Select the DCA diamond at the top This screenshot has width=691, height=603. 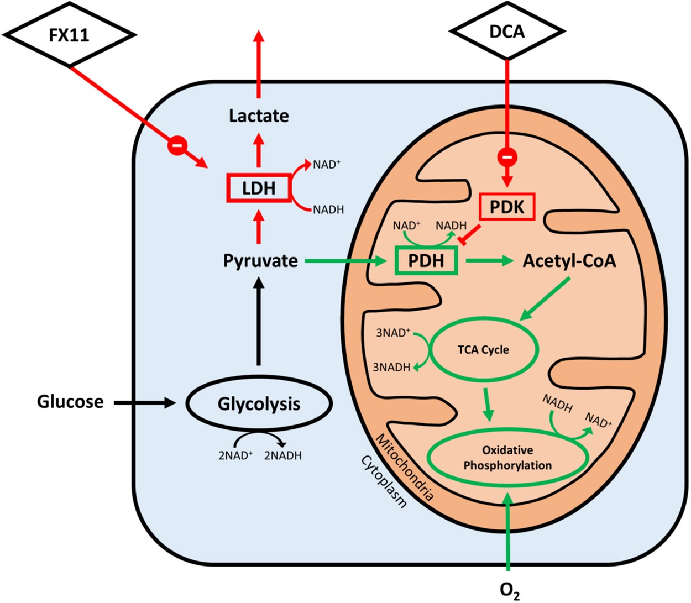507,32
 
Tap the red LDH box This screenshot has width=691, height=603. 259,188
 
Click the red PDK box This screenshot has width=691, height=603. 507,207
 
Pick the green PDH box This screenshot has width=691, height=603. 426,260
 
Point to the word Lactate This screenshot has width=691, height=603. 259,116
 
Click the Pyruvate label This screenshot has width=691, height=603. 260,260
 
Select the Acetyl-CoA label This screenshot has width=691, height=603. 569,260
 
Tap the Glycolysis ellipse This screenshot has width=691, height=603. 259,403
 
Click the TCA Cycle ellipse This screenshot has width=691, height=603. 483,349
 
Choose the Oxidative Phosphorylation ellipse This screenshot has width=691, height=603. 507,458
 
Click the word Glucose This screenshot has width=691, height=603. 70,401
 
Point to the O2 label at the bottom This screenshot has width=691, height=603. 509,589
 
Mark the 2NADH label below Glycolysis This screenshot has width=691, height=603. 282,455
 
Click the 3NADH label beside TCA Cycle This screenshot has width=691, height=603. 391,367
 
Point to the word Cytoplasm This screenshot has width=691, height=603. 384,481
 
